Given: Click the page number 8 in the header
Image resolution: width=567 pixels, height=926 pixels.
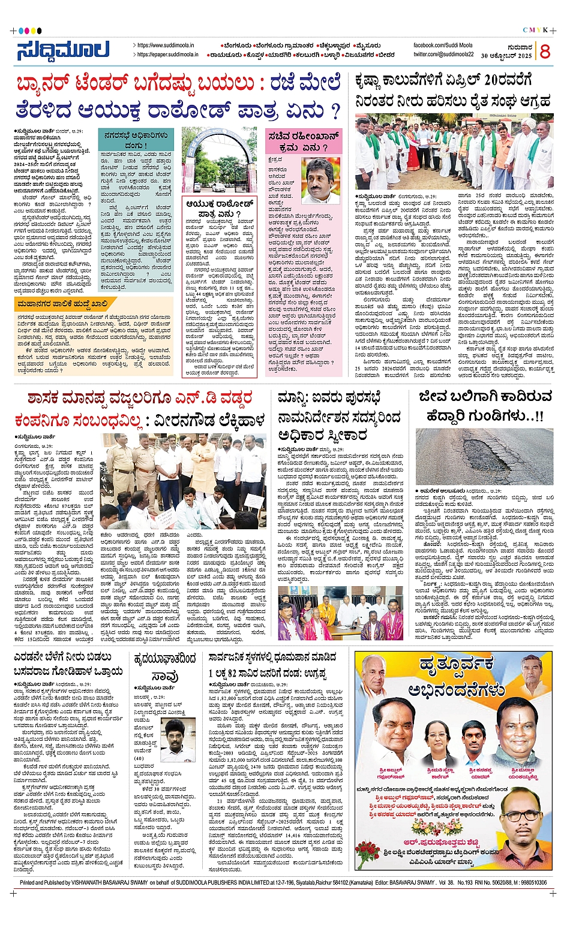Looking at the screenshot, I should (x=545, y=52).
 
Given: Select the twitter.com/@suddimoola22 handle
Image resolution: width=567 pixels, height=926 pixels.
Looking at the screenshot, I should (x=443, y=55).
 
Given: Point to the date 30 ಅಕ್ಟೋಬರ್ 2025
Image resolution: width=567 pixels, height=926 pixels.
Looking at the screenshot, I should (x=506, y=56).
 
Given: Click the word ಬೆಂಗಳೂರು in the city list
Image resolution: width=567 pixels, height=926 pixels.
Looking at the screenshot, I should (x=238, y=46).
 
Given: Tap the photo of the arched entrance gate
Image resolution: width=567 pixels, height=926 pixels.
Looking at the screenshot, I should (x=218, y=158).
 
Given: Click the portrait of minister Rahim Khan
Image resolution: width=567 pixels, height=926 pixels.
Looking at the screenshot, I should (x=320, y=180).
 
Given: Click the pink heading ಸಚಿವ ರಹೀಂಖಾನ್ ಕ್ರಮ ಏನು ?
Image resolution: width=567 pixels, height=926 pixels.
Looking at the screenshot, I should (x=303, y=141).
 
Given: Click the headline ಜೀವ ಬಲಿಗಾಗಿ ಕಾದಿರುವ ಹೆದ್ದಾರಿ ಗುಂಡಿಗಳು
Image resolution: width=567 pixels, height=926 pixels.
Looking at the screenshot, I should (x=485, y=406).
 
